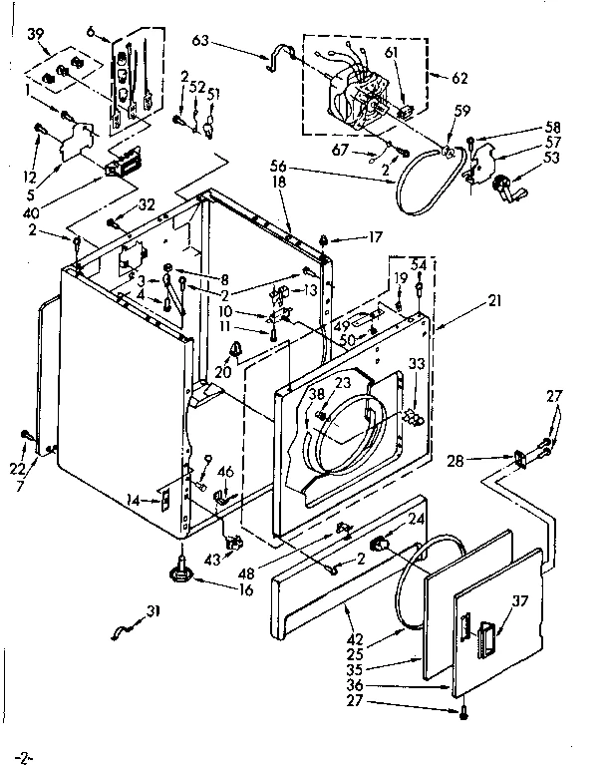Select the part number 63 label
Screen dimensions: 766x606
200,42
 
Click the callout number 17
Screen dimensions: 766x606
346,237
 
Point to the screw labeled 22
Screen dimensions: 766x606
25,434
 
